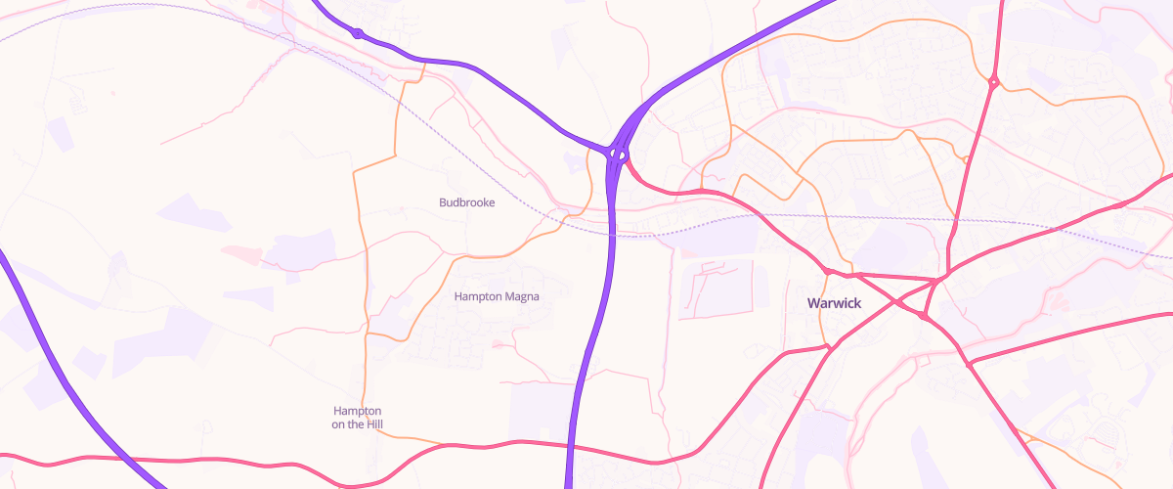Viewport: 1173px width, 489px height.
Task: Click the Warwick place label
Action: (834, 303)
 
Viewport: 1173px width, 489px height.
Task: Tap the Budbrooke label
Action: (466, 202)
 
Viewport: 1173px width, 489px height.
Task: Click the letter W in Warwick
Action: (813, 303)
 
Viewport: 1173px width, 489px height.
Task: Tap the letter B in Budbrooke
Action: (443, 202)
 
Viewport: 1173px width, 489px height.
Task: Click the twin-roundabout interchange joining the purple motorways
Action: (618, 154)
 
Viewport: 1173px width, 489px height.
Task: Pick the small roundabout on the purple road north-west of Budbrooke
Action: (358, 34)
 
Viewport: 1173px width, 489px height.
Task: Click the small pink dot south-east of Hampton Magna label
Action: (498, 344)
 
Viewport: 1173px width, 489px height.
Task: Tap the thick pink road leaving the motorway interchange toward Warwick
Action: (665, 188)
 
